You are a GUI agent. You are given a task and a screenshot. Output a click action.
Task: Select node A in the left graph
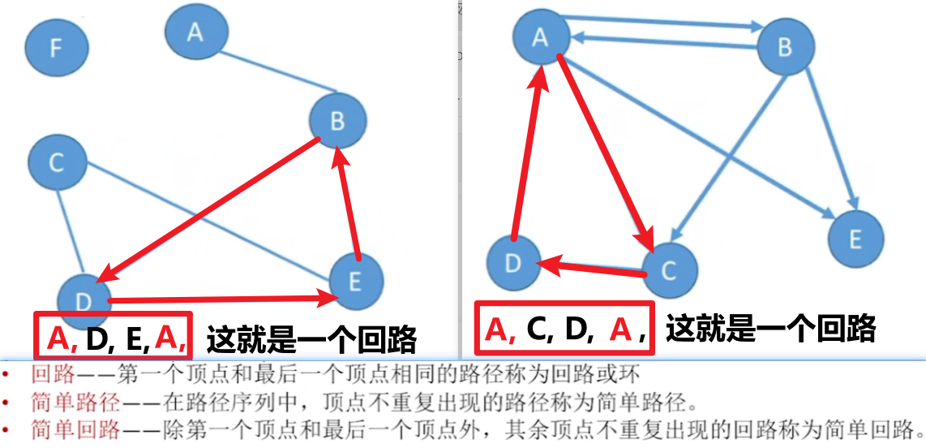[x=195, y=31]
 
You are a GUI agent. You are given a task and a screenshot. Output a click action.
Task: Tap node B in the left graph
[x=337, y=122]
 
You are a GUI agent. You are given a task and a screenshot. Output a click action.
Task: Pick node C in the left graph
[x=56, y=162]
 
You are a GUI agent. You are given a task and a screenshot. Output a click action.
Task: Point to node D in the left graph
[x=84, y=299]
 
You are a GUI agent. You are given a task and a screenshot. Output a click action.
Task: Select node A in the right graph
[x=540, y=37]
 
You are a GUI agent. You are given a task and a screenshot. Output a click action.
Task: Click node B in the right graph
[x=784, y=47]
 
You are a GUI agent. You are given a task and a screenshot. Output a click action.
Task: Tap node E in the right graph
[x=855, y=239]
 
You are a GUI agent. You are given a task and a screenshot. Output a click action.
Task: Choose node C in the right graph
[x=668, y=269]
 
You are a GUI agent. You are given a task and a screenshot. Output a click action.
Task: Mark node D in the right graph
[x=512, y=263]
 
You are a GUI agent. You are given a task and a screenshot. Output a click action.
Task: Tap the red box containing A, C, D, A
[x=565, y=330]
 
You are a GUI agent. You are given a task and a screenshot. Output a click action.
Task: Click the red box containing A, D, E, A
[x=113, y=336]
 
